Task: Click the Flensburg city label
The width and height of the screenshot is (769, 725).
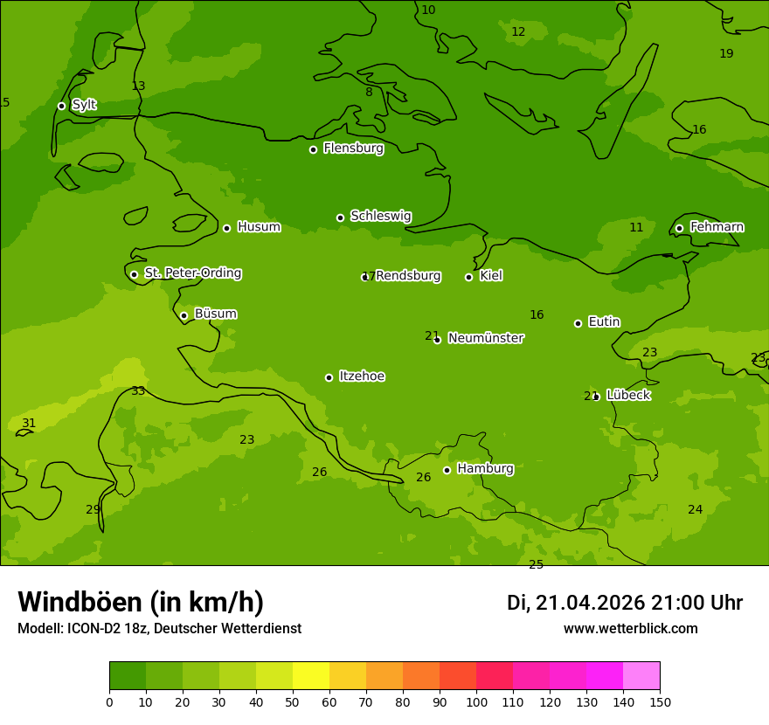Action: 353,148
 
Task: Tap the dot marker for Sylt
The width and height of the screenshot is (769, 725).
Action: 61,106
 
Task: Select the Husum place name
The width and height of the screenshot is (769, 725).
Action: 259,227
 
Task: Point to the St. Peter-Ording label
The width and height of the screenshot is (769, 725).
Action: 192,273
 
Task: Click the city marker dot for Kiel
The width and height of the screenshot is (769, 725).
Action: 468,277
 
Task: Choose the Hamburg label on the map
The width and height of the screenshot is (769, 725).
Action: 485,469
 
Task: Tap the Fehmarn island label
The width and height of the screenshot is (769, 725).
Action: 717,227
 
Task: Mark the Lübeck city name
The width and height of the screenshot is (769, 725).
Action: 627,396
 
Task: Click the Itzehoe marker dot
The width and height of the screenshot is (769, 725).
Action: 329,377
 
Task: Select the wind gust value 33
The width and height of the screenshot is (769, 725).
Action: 138,391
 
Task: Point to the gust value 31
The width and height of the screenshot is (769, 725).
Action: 29,424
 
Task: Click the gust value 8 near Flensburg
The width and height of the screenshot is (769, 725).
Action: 369,93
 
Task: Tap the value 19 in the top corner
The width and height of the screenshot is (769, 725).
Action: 726,54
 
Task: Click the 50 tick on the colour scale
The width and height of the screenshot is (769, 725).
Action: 293,701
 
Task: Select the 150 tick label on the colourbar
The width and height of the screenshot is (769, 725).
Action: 660,701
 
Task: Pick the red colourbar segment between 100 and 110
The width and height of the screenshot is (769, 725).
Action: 495,676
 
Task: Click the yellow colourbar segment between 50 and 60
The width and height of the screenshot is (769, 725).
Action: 311,676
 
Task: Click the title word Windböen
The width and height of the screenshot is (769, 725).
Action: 80,602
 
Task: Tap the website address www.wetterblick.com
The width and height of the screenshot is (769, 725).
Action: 630,629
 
